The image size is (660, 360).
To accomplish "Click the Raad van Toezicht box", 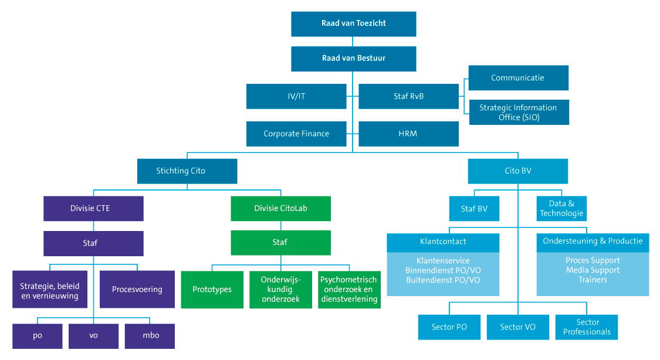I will click(353, 24).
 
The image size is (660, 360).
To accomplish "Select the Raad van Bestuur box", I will click(353, 59).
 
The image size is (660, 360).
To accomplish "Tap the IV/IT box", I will click(296, 96).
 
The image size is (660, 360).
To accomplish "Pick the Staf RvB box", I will click(408, 96).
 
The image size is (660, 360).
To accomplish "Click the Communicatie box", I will click(518, 78).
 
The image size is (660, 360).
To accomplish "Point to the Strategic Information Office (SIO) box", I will click(518, 112).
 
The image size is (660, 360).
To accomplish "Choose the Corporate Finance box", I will click(296, 134).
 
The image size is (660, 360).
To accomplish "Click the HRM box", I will click(408, 134).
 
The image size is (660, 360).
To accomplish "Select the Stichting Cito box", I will click(187, 171).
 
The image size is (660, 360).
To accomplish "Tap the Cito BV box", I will click(517, 171).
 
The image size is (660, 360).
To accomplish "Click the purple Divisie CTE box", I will click(93, 208).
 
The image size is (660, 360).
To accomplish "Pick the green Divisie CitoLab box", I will click(280, 208).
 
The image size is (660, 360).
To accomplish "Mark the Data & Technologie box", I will click(561, 208).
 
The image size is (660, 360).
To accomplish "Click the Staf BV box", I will click(474, 208).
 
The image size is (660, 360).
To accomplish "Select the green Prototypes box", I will click(212, 289).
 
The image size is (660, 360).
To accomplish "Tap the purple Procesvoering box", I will click(137, 289).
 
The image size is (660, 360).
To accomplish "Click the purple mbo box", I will click(150, 335).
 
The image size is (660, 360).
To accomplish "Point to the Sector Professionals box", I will click(587, 327).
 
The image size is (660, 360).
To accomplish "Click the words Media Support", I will click(593, 270).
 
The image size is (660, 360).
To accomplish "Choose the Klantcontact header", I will click(443, 241).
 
